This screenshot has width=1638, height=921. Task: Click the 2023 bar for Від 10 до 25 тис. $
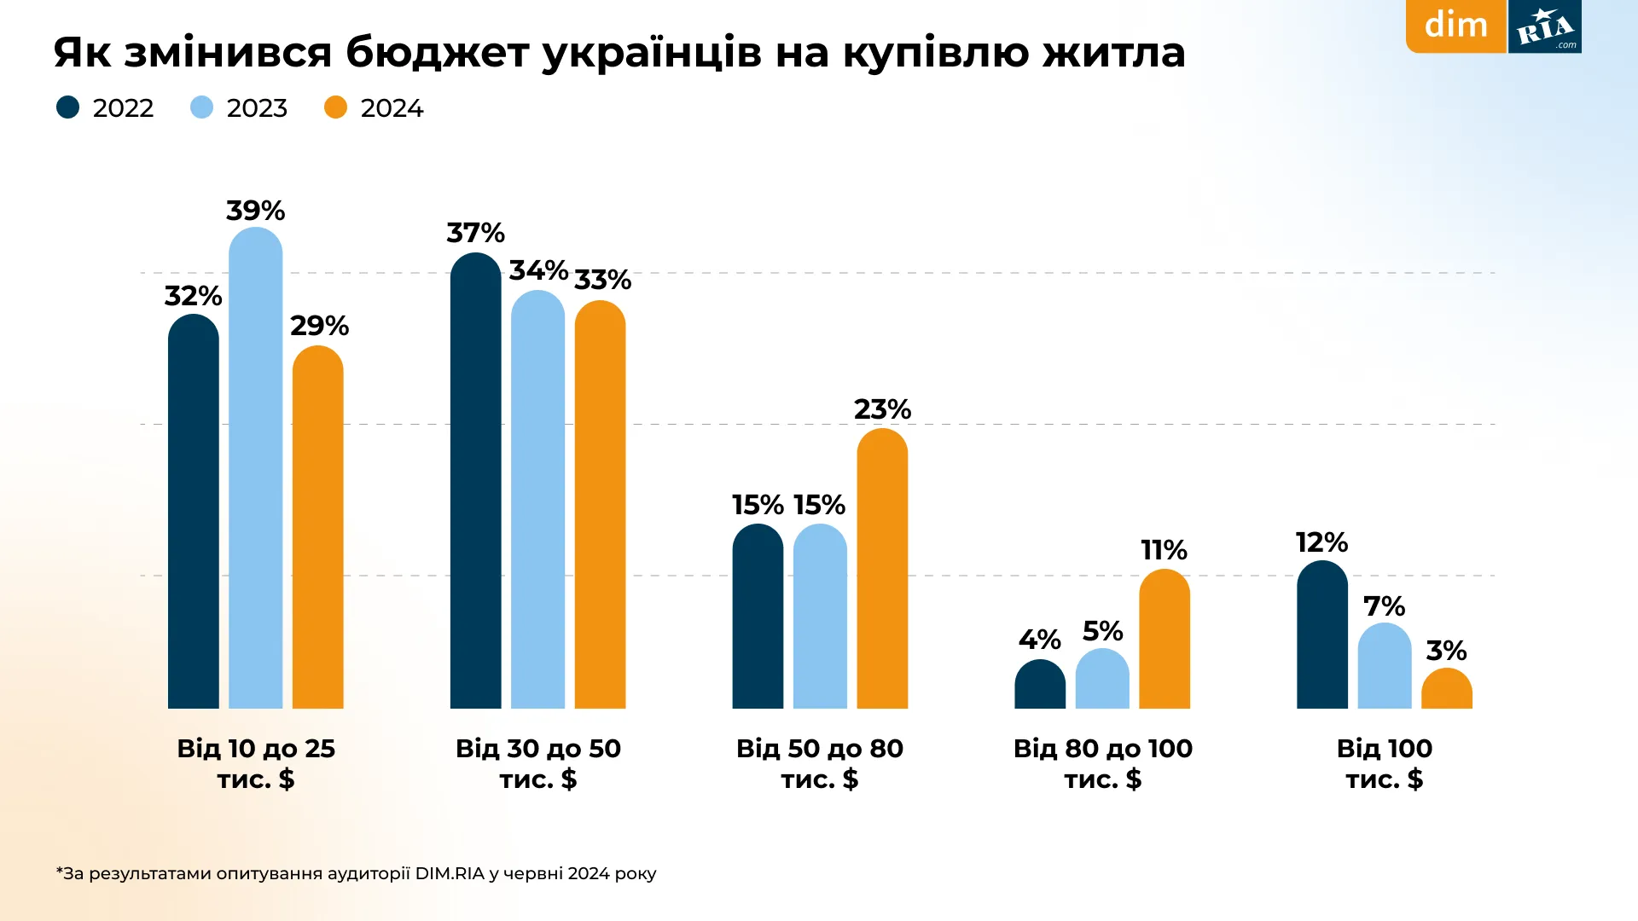(255, 469)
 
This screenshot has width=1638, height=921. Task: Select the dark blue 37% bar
(475, 482)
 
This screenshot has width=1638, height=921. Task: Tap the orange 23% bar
(882, 569)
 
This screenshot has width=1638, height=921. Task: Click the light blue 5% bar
(1102, 680)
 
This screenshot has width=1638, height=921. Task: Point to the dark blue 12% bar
(1321, 635)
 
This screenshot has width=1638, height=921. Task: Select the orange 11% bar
(1164, 640)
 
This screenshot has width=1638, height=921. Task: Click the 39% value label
(255, 211)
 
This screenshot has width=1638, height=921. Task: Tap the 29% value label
(319, 326)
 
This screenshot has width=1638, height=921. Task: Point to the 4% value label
(1039, 640)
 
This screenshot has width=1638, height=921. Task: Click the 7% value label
(1384, 606)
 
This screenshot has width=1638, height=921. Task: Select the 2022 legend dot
(67, 107)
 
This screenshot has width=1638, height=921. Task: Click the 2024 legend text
(392, 108)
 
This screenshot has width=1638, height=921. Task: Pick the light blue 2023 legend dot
(201, 107)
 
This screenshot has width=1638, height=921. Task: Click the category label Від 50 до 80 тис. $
(820, 763)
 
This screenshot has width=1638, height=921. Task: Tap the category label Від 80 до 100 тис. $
(1102, 763)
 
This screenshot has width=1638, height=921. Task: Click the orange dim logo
(1455, 26)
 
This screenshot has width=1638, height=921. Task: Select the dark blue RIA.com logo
(1545, 27)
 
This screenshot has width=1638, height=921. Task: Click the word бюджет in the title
(437, 53)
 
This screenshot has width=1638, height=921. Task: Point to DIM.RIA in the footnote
(450, 873)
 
